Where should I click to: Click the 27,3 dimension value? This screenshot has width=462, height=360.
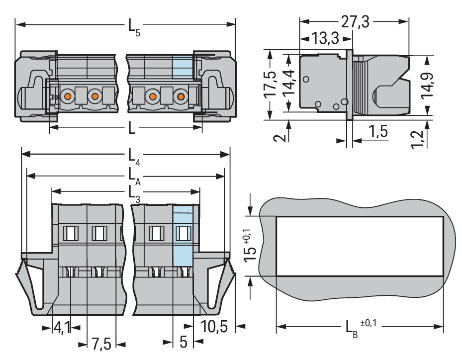(x=355, y=22)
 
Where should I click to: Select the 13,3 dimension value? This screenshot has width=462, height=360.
(x=325, y=38)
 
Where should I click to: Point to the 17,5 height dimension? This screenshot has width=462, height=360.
(x=270, y=85)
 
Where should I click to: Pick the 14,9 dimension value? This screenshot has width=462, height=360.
(x=427, y=86)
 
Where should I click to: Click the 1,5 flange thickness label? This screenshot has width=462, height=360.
(x=378, y=131)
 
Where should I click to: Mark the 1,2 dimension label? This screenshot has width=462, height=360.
(x=417, y=140)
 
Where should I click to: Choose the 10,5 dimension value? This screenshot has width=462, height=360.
(x=214, y=326)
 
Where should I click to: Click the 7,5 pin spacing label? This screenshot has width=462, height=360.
(x=101, y=344)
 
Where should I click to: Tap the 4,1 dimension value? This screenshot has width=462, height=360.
(x=62, y=327)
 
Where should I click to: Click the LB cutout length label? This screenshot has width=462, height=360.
(x=352, y=329)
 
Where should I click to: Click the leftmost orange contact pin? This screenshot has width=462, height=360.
(x=68, y=96)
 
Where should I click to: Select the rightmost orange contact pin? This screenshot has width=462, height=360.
(x=181, y=96)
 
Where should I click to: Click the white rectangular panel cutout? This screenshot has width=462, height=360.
(x=360, y=246)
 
